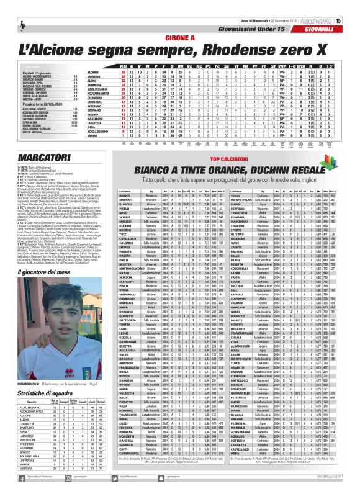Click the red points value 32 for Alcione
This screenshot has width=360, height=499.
click(x=124, y=72)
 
